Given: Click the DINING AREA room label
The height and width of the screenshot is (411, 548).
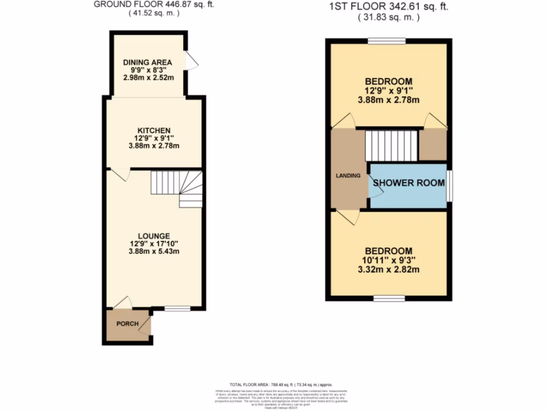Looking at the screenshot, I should pyautogui.click(x=147, y=62).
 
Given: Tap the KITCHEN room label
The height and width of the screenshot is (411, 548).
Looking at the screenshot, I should pyautogui.click(x=154, y=131).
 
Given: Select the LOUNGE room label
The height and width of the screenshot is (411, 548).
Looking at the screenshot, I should pyautogui.click(x=154, y=235).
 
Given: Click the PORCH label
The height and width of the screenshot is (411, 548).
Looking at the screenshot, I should pyautogui.click(x=127, y=324).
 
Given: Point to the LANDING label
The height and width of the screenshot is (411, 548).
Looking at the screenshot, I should pyautogui.click(x=348, y=176).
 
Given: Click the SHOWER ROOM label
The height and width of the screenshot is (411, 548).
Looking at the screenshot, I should pyautogui.click(x=409, y=182).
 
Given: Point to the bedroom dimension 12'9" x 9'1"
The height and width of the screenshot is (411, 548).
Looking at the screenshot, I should pyautogui.click(x=389, y=90).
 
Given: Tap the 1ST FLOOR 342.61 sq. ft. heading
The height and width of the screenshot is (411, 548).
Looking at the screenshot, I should pyautogui.click(x=388, y=7).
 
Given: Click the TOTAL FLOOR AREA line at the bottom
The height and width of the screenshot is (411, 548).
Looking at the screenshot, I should pyautogui.click(x=281, y=384).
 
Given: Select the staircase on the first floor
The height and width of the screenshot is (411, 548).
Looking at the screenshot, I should pyautogui.click(x=390, y=145).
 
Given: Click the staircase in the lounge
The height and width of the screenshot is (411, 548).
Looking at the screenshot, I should pyautogui.click(x=177, y=188).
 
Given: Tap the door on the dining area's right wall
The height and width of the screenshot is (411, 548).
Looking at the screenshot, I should pyautogui.click(x=191, y=60).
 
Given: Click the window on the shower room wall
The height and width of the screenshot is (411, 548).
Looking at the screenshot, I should pyautogui.click(x=449, y=186).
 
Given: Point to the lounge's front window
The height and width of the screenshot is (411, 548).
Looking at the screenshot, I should pyautogui.click(x=177, y=308).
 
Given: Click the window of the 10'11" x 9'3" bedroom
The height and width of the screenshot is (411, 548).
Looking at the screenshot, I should pyautogui.click(x=389, y=298).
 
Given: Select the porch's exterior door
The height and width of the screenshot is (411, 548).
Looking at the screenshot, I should pyautogui.click(x=146, y=328).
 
